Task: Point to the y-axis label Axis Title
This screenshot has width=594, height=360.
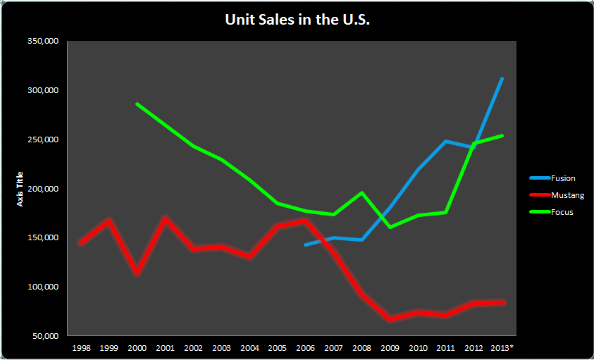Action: click(20, 189)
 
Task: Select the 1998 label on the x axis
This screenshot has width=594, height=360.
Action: click(80, 348)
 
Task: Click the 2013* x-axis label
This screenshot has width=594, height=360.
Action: click(502, 348)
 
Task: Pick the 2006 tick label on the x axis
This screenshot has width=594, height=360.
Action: click(305, 348)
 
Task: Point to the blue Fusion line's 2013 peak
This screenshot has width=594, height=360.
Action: click(502, 78)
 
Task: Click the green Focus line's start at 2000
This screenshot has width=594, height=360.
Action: click(137, 104)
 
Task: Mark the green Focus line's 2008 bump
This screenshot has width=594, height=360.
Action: click(361, 193)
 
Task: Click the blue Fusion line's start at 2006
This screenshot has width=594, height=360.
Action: click(305, 244)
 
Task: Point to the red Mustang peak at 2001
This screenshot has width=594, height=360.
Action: click(165, 218)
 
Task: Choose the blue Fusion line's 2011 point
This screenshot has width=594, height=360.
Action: click(445, 141)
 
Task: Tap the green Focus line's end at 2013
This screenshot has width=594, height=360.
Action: click(502, 135)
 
